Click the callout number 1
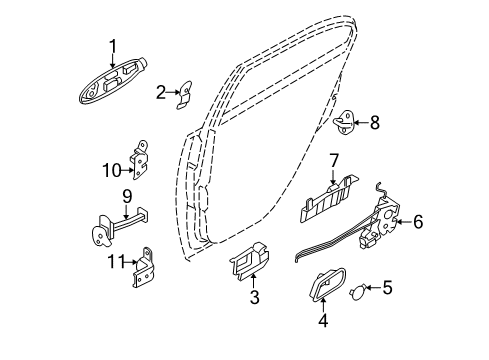(113, 46)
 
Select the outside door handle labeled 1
(113, 82)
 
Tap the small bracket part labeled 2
(185, 95)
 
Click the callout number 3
(254, 297)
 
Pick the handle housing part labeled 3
(249, 261)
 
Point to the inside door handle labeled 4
(328, 284)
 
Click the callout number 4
(323, 320)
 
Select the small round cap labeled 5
(358, 292)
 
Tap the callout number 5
(387, 287)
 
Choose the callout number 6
(418, 222)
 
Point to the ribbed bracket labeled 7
(328, 199)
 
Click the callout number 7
(334, 160)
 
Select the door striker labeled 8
(344, 122)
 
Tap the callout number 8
(375, 122)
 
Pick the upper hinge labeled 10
(140, 160)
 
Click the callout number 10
(112, 170)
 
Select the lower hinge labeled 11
(143, 268)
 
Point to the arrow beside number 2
(174, 92)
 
